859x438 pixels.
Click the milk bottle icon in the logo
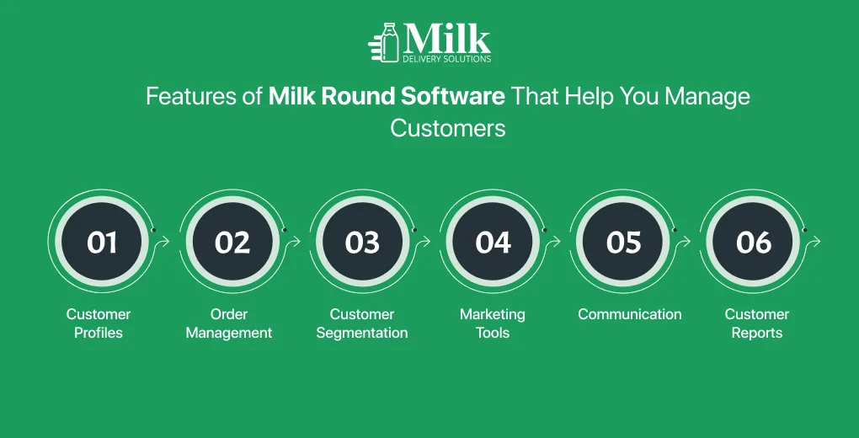tap(390, 42)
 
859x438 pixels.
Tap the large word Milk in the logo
tap(446, 39)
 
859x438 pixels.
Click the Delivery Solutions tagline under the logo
tap(446, 59)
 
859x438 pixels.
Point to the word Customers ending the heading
tap(447, 128)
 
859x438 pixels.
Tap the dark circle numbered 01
tap(102, 242)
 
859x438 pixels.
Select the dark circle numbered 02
tap(232, 242)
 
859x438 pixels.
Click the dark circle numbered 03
tap(362, 242)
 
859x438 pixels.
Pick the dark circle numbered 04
tap(493, 242)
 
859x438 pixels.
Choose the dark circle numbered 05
tap(623, 242)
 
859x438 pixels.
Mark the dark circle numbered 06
tap(753, 242)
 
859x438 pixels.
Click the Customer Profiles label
tap(99, 323)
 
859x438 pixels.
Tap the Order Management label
tap(229, 323)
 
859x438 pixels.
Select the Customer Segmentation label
tap(361, 323)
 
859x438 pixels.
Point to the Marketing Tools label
tap(493, 323)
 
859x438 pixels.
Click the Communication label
tap(630, 314)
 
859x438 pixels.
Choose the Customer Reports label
tap(757, 323)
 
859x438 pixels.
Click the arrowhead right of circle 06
tap(818, 242)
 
